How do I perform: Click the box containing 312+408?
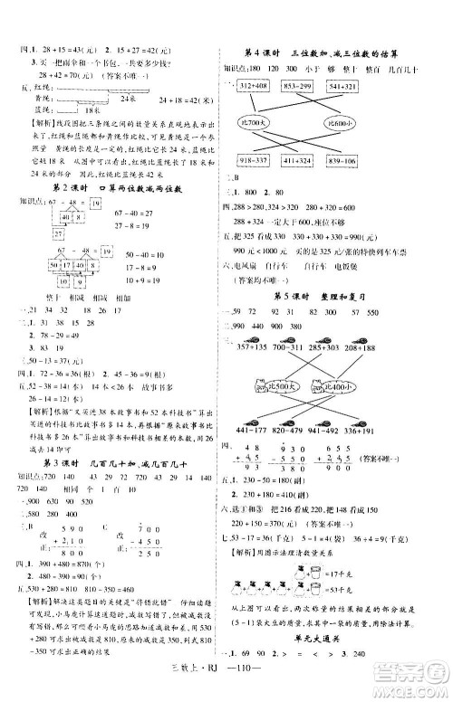[257, 87]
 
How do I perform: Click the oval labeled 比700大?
[268, 122]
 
